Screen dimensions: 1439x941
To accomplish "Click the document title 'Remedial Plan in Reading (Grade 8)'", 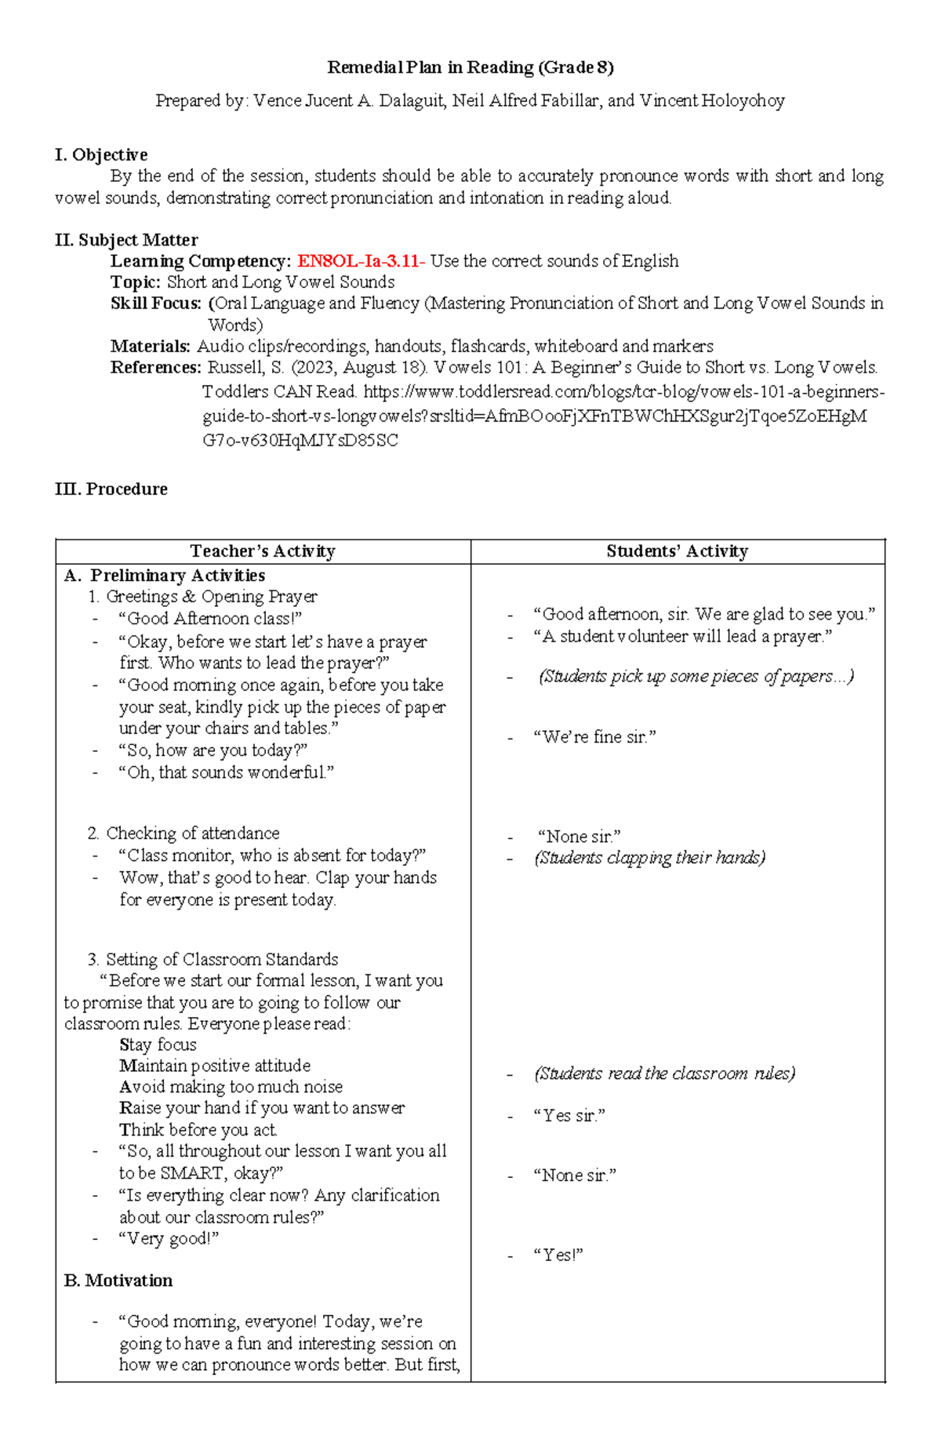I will pyautogui.click(x=470, y=67).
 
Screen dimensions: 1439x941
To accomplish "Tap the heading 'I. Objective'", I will pyautogui.click(x=101, y=154).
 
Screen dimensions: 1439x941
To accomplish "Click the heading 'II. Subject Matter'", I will pyautogui.click(x=126, y=240).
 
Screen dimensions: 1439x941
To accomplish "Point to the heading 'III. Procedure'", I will pyautogui.click(x=111, y=489).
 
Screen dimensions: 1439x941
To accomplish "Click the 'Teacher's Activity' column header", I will pyautogui.click(x=263, y=551).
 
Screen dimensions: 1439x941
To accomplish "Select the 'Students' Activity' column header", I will pyautogui.click(x=677, y=551).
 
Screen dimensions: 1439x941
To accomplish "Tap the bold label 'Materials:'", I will pyautogui.click(x=151, y=346).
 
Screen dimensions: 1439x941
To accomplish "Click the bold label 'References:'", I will pyautogui.click(x=156, y=367).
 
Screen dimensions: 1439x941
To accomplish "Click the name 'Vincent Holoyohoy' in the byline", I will pyautogui.click(x=711, y=100).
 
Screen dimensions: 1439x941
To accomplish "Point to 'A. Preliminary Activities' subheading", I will pyautogui.click(x=165, y=576).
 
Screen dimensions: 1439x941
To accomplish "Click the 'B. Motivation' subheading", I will pyautogui.click(x=118, y=1281).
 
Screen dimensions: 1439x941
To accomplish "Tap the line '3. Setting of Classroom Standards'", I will pyautogui.click(x=213, y=959).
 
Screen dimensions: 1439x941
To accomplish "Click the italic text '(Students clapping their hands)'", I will pyautogui.click(x=649, y=857).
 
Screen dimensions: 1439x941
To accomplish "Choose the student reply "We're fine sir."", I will pyautogui.click(x=594, y=736).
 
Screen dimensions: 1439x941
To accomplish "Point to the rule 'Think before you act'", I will pyautogui.click(x=198, y=1130).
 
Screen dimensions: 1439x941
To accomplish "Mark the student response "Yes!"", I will pyautogui.click(x=558, y=1255).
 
